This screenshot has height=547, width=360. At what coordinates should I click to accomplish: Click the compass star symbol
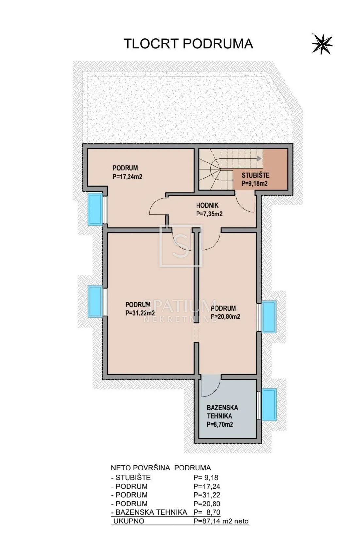322,44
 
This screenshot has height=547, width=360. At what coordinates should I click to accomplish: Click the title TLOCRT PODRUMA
189,44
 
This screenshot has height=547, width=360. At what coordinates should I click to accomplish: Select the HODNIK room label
207,205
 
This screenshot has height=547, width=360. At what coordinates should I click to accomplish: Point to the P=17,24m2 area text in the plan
127,176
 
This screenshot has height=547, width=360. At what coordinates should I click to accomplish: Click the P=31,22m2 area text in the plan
140,313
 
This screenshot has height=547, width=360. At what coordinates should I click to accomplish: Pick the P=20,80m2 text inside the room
225,316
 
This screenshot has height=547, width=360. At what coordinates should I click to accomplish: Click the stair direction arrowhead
259,159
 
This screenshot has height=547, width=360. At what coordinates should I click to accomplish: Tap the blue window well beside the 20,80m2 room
269,317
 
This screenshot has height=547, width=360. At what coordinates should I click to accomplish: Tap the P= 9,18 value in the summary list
206,477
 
